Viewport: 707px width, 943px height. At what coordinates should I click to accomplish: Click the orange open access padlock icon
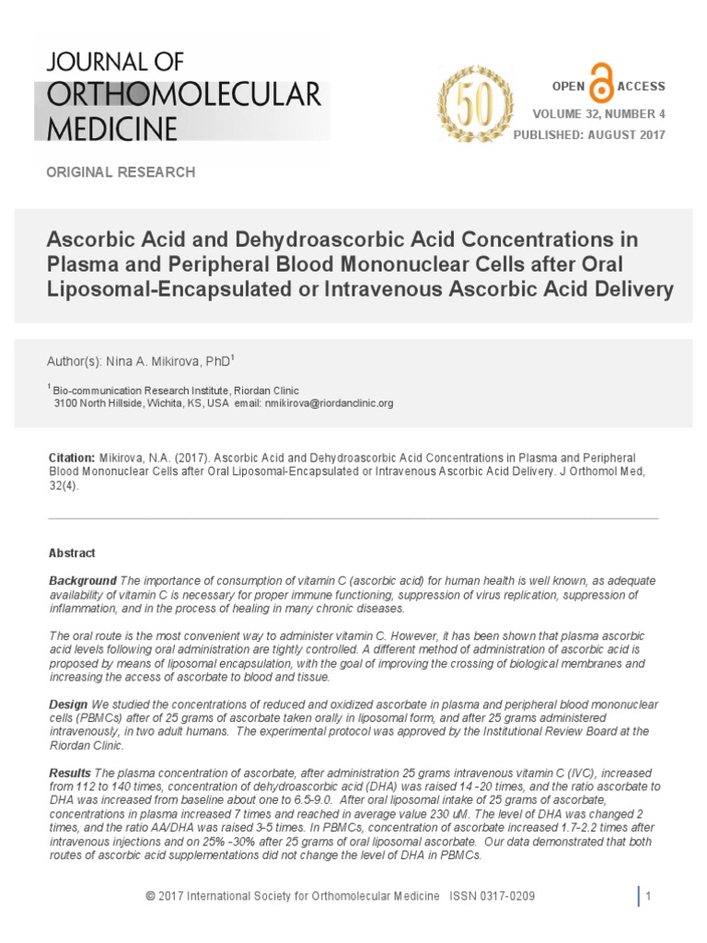[x=602, y=87]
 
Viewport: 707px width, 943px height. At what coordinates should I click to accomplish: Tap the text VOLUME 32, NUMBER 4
[x=598, y=114]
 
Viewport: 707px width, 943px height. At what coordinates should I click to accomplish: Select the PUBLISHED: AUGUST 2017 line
[x=589, y=135]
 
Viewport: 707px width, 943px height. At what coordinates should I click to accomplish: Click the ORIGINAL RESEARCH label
[x=121, y=172]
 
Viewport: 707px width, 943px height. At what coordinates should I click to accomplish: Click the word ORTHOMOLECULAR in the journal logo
[x=184, y=94]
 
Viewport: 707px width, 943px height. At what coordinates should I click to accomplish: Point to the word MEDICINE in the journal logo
[x=112, y=128]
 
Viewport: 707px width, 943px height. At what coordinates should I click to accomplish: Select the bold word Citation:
[x=71, y=458]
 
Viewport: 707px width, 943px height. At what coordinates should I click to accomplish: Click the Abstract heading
[x=72, y=553]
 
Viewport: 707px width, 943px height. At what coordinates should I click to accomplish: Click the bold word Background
[x=82, y=581]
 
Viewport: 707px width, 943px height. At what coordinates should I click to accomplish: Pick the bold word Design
[x=68, y=704]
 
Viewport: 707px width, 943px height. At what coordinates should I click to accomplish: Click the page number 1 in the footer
[x=648, y=897]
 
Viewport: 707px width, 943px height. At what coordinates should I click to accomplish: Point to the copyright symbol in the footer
[x=151, y=897]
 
